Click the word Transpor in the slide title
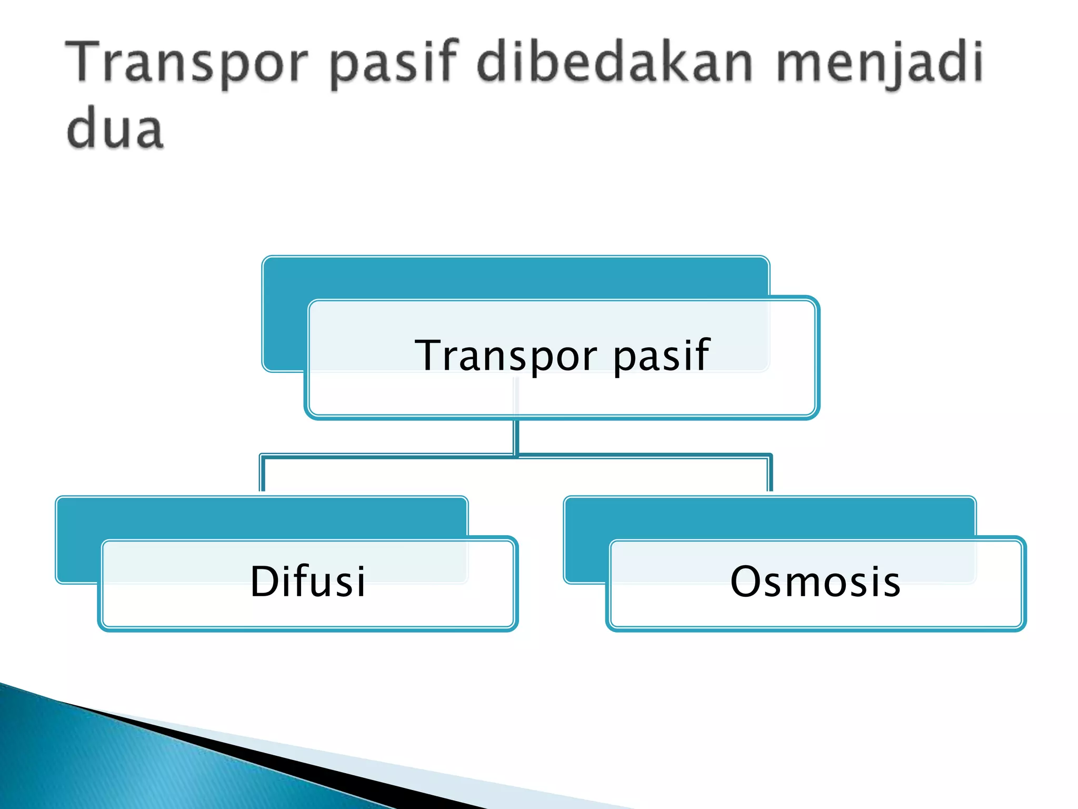(x=187, y=63)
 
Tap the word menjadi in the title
(x=879, y=63)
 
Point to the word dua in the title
(x=115, y=129)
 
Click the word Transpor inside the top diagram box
(x=505, y=357)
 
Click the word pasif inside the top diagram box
(x=662, y=357)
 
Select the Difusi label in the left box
(x=307, y=581)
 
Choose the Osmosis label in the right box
(x=815, y=581)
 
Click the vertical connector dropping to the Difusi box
(x=262, y=474)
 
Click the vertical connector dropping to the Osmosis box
(x=770, y=474)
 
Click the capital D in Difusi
(x=265, y=581)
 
